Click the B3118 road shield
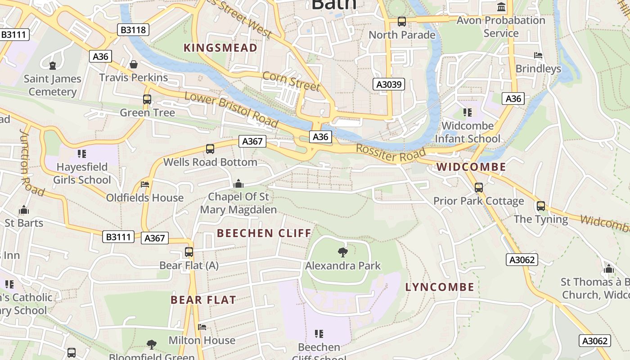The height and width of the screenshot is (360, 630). point(134,30)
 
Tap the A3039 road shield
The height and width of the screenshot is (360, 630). point(389,84)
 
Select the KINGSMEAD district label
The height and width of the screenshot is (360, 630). point(220,48)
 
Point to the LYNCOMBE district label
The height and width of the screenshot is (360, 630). point(440,287)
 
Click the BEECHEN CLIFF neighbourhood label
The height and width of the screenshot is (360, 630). point(264,233)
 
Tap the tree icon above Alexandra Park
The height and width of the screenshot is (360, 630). point(342,252)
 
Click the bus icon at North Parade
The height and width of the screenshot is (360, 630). point(402,22)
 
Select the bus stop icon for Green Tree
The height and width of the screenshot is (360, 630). point(147,99)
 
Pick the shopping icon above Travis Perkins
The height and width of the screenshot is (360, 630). point(134,64)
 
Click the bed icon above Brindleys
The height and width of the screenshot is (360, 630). point(538,56)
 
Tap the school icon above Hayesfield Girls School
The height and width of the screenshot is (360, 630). point(81,154)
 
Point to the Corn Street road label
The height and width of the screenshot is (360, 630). point(291,81)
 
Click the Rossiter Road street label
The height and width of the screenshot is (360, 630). point(390,153)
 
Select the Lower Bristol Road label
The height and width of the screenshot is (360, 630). point(231,109)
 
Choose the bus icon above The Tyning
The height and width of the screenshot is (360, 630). point(541,206)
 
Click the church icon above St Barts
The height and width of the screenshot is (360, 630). point(24,210)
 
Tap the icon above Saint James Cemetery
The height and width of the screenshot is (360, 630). point(53,66)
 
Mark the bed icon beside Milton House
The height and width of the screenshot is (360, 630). point(202,327)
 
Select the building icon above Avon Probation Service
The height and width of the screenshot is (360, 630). point(501,7)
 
